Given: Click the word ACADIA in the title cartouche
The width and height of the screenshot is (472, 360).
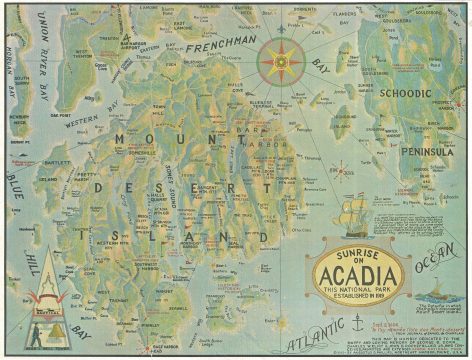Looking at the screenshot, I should tap(357, 273).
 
